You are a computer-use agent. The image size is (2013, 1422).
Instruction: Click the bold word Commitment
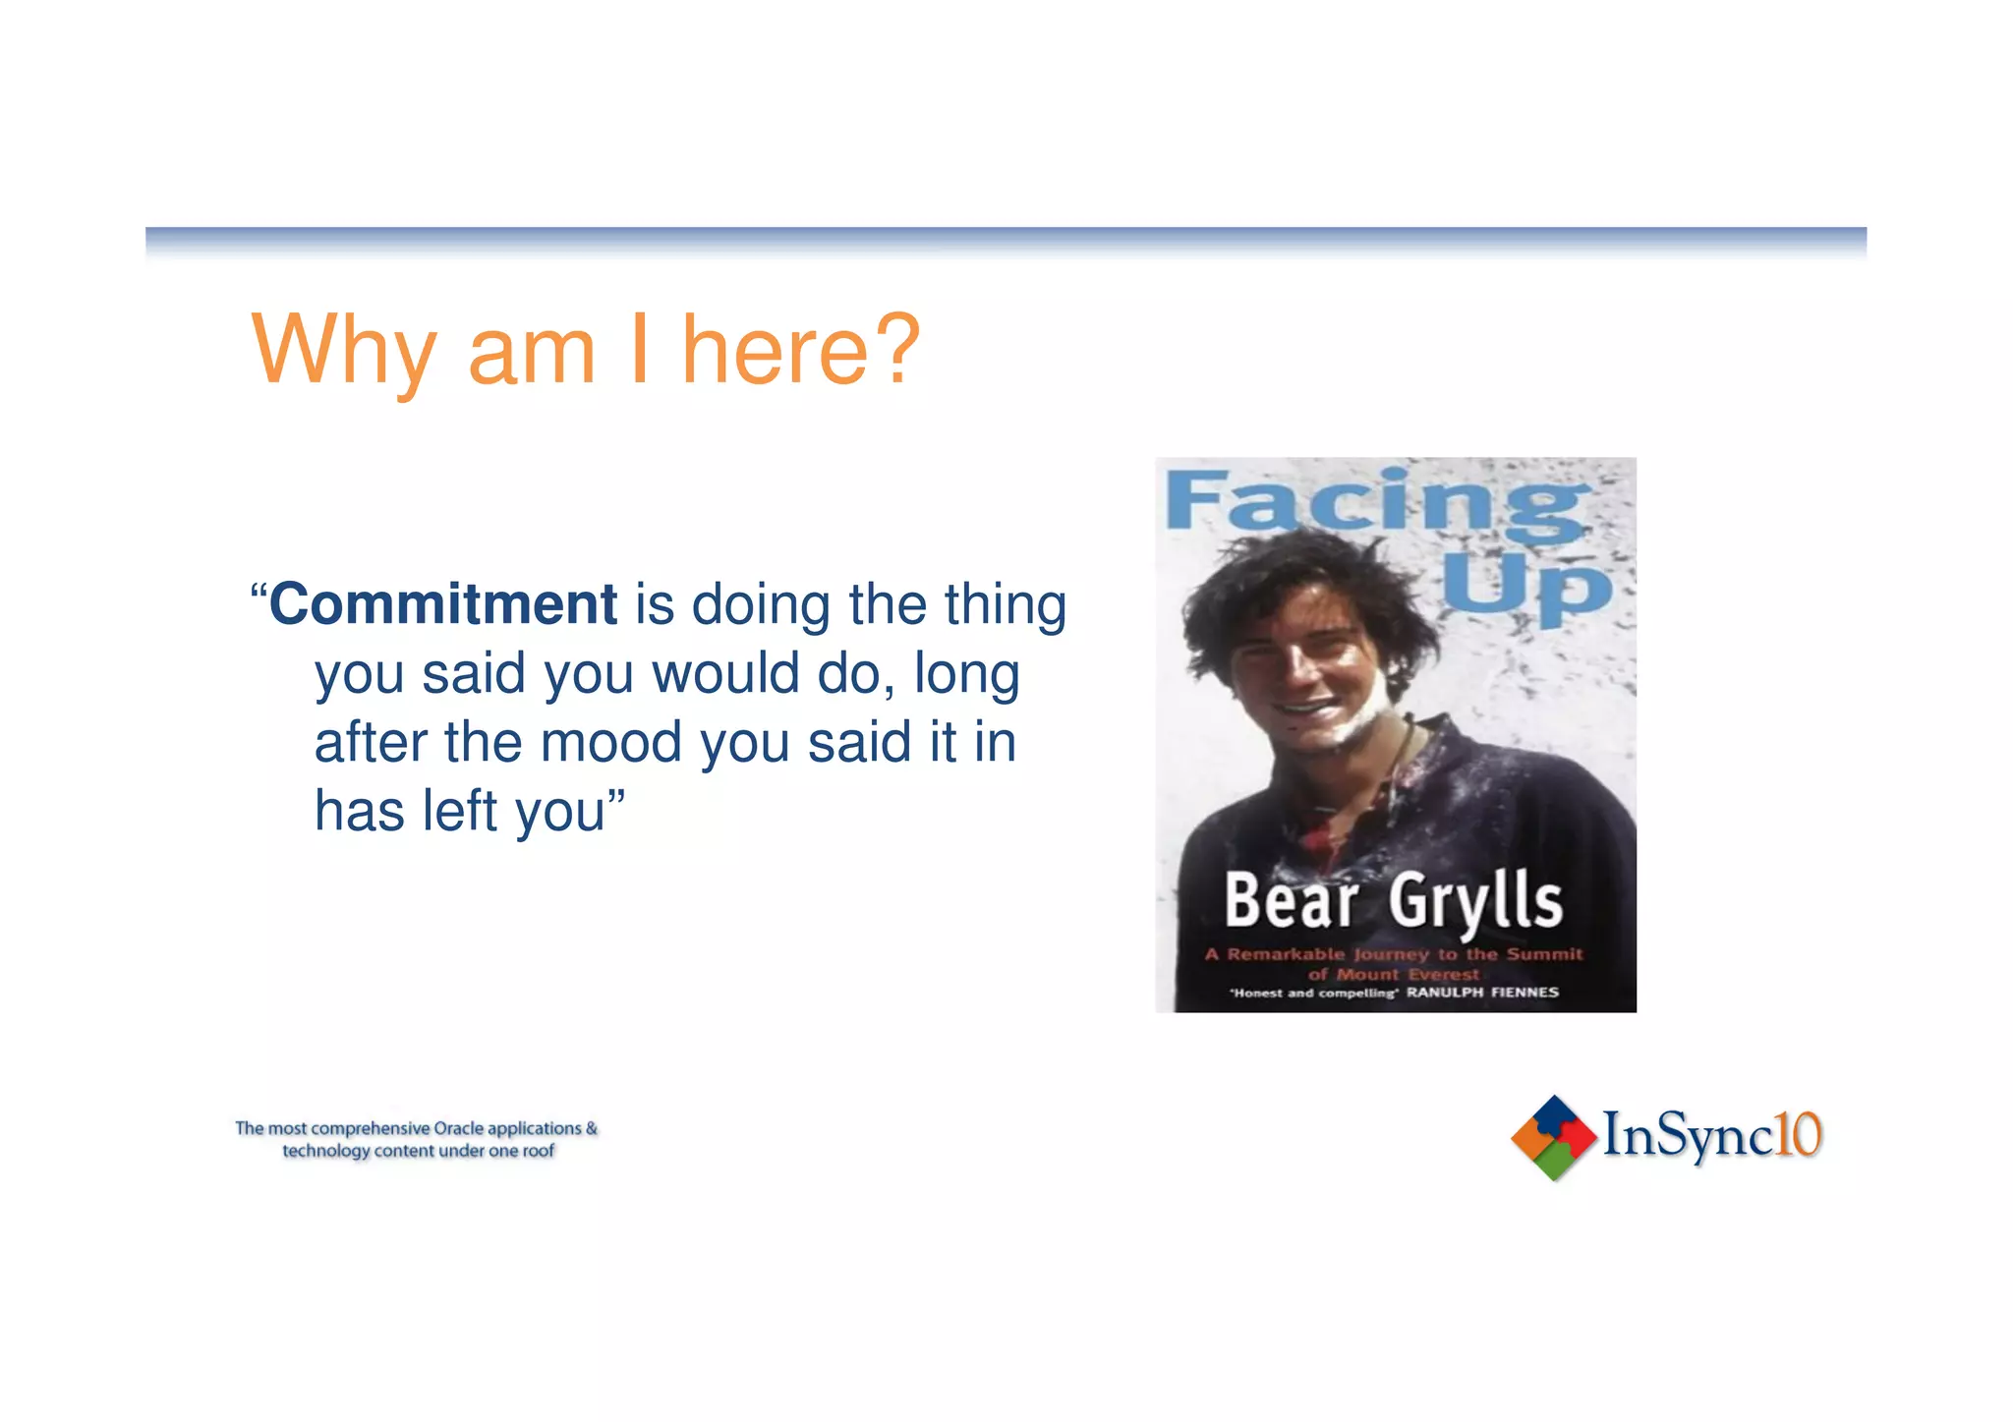[x=442, y=603]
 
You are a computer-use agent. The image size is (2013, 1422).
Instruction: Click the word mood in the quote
[x=610, y=742]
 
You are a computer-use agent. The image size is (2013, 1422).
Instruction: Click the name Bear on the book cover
[x=1291, y=900]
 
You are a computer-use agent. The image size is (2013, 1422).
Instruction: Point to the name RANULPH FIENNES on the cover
[x=1482, y=993]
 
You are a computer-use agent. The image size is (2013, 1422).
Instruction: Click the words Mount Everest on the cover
[x=1408, y=974]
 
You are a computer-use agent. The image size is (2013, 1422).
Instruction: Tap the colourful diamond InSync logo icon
[x=1552, y=1137]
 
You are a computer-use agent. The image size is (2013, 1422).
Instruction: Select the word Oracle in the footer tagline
[x=458, y=1128]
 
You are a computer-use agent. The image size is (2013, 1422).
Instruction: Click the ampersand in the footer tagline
[x=591, y=1128]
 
